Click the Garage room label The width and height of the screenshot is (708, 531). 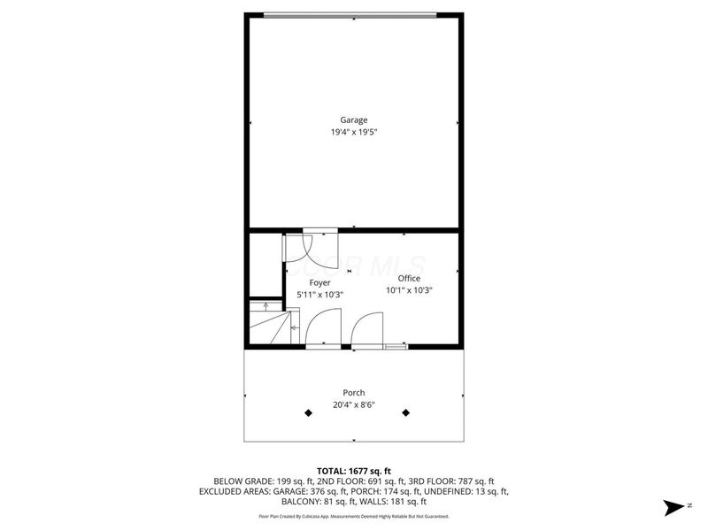pos(354,119)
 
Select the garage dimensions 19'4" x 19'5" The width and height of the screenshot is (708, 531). pos(354,133)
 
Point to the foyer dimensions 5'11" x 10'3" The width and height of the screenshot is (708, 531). pos(319,295)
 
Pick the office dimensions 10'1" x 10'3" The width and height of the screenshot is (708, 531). pos(409,289)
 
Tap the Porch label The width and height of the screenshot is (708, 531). pos(354,393)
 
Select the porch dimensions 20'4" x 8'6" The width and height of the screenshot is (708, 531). pos(354,405)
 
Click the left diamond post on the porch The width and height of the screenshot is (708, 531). pos(308,412)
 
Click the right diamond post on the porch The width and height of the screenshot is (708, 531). pos(407,412)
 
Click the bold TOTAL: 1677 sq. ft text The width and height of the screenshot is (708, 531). pos(354,470)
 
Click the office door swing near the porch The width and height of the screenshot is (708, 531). pos(365,332)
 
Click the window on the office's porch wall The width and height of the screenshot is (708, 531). pos(396,347)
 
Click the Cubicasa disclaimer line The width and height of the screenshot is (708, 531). pos(354,516)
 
